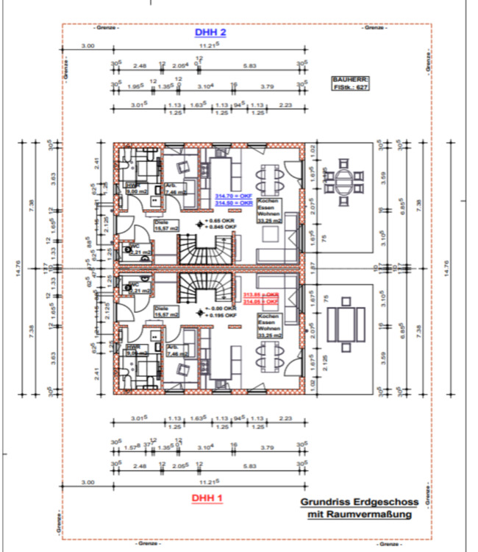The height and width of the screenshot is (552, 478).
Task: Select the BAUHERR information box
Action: pyautogui.click(x=351, y=83)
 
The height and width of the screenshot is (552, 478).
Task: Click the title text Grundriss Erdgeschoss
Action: pyautogui.click(x=359, y=503)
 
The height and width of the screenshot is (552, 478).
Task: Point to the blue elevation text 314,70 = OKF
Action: pyautogui.click(x=233, y=196)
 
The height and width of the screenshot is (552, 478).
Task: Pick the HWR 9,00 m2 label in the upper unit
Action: pyautogui.click(x=136, y=188)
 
